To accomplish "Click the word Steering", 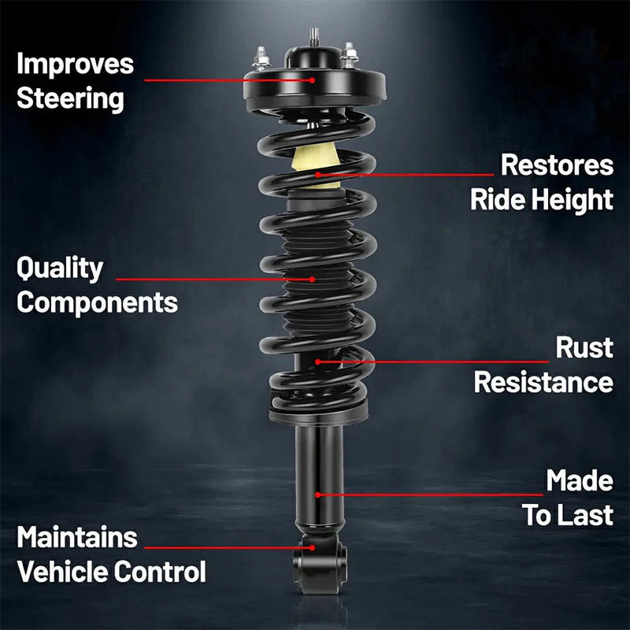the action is [70, 98].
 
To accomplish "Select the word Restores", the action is [557, 165].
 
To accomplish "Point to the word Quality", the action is [60, 269].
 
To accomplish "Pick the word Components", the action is [97, 302].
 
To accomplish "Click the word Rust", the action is [584, 347].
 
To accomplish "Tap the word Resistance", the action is [543, 383].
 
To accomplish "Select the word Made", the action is [580, 480].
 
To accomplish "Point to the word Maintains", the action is [77, 538].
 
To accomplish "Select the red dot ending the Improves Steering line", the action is [313, 80].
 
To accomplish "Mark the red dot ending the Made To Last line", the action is [317, 495].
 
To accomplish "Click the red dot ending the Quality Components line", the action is [313, 278].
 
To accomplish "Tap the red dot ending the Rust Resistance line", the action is [317, 361].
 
